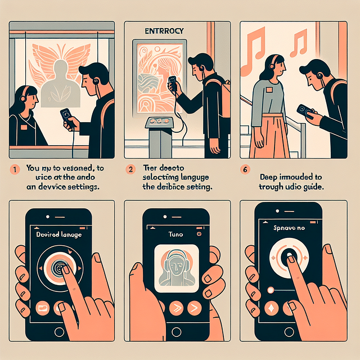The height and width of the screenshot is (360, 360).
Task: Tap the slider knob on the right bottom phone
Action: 271,289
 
